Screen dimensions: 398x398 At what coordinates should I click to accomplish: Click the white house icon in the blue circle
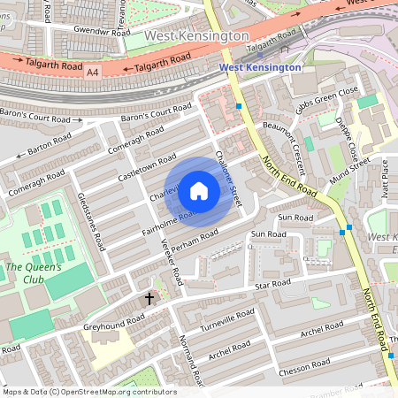[x=199, y=191]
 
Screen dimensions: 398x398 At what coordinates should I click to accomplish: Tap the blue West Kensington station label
[x=260, y=66]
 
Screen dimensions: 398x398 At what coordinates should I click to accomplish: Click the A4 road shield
[x=94, y=73]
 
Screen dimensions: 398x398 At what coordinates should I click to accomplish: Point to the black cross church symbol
[x=149, y=299]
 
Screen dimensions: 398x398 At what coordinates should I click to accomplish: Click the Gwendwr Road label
[x=84, y=29]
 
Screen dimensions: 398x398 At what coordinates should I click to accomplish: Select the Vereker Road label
[x=176, y=257]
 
